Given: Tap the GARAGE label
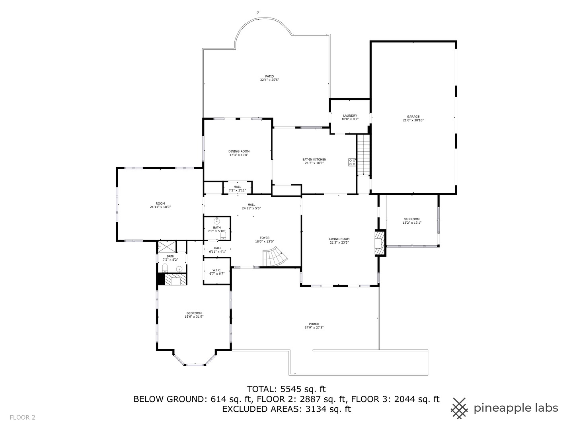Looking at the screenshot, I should coord(413,117).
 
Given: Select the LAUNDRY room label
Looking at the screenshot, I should coord(350,116).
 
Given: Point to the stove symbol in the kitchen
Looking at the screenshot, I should coord(352,162).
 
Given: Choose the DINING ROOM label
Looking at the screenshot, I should coord(239,151).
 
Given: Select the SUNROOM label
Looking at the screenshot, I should coord(412,219).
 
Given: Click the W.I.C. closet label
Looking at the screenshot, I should coord(217,270).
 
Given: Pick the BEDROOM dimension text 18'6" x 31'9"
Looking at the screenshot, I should coord(194,317).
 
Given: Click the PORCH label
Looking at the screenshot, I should coord(314,324).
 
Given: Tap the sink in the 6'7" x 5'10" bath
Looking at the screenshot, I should coord(217,221).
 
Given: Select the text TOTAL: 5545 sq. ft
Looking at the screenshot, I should coord(286,389).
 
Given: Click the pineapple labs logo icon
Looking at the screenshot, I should coord(459,408).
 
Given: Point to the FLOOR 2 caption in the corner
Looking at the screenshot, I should coord(23,418).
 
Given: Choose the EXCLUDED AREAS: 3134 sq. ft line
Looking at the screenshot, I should coord(286,409).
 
